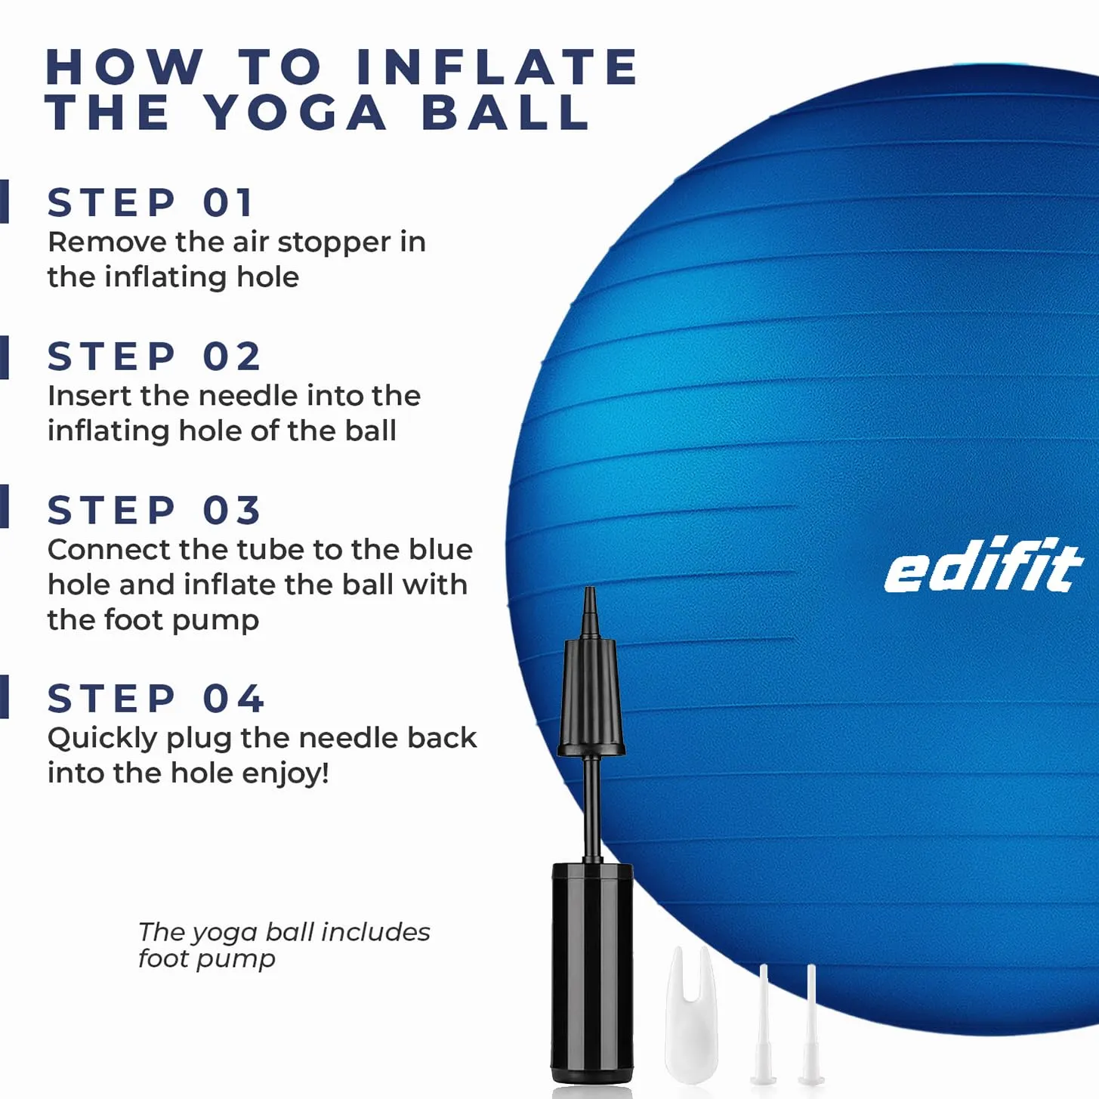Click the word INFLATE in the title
click(497, 66)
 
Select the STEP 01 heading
click(150, 202)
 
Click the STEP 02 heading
click(154, 357)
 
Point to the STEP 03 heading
click(154, 510)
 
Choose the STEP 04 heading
click(156, 698)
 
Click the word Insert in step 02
click(89, 396)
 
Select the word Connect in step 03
click(109, 550)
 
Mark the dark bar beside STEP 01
click(5, 202)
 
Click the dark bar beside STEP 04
click(5, 696)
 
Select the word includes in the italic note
click(375, 933)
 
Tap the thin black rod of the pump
click(591, 809)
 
